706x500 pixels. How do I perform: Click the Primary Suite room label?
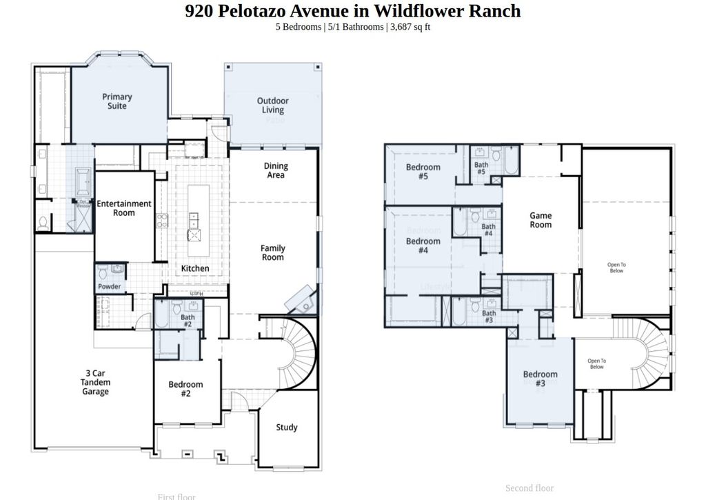click(117, 101)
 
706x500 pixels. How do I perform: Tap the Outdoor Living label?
click(273, 106)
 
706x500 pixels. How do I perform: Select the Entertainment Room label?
click(124, 208)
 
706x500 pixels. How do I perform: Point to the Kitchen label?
click(195, 268)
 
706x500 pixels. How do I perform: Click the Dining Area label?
click(276, 170)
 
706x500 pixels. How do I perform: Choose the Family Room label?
click(273, 253)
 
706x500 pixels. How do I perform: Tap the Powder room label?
click(110, 286)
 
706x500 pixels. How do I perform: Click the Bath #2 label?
click(187, 321)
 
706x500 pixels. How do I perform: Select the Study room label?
click(287, 428)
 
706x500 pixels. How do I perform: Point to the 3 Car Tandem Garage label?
click(95, 383)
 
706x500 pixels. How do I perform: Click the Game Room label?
click(541, 220)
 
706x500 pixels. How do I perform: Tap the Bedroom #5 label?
click(423, 172)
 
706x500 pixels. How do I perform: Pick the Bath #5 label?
click(481, 168)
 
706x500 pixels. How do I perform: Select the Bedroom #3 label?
click(540, 379)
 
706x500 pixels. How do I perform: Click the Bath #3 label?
click(489, 317)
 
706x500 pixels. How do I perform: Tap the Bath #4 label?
click(488, 230)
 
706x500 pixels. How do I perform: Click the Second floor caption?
click(529, 488)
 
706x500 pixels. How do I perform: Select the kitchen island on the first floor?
click(195, 219)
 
